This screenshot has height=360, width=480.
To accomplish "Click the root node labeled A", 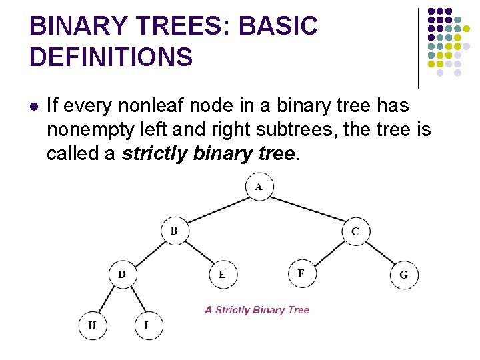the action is click(x=259, y=187).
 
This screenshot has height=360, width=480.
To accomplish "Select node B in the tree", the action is click(x=175, y=231).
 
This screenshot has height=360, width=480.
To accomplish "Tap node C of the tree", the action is click(x=355, y=231).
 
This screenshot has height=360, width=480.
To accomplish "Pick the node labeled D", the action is click(x=122, y=274).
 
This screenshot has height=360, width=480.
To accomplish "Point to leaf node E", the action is click(x=222, y=274).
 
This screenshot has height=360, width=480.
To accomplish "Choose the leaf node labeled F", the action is click(x=301, y=273).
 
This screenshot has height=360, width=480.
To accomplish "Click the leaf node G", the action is click(x=404, y=275).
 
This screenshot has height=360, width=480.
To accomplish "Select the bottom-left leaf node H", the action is click(x=92, y=325).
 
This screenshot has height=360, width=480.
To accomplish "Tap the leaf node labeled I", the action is click(x=147, y=325).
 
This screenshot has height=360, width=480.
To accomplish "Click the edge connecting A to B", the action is click(x=217, y=209).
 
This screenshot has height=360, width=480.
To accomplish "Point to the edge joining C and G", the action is click(x=379, y=253).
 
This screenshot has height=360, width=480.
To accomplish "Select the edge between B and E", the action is click(x=199, y=253).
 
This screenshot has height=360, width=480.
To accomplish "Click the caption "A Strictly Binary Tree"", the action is click(x=257, y=310).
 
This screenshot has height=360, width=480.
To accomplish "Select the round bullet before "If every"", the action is click(x=34, y=105).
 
